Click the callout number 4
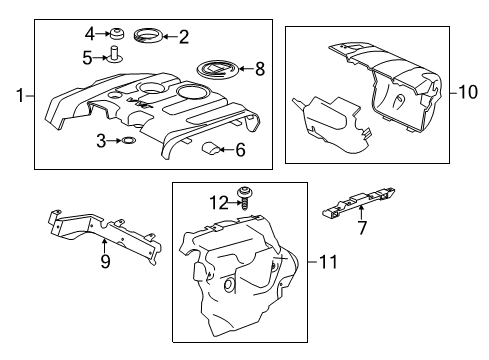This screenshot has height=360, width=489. pyautogui.click(x=90, y=34)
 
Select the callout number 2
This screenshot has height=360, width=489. pyautogui.click(x=184, y=37)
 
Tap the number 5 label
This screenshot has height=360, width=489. pyautogui.click(x=87, y=58)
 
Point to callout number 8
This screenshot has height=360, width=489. pyautogui.click(x=260, y=69)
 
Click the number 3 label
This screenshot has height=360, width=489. pyautogui.click(x=101, y=141)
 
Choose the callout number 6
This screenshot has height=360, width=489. pyautogui.click(x=240, y=150)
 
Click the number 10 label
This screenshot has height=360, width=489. pyautogui.click(x=468, y=92)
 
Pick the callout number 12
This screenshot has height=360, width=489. pyautogui.click(x=219, y=203)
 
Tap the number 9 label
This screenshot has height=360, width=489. pyautogui.click(x=105, y=261)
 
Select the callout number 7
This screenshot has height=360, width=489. pyautogui.click(x=362, y=228)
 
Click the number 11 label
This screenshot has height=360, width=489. pyautogui.click(x=328, y=262)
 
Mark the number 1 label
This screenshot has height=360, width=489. pyautogui.click(x=20, y=96)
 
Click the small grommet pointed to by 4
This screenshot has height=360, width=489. pyautogui.click(x=117, y=33)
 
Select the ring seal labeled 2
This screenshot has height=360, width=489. pyautogui.click(x=148, y=36)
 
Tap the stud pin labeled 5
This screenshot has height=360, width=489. pyautogui.click(x=115, y=54)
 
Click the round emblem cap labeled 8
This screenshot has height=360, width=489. pyautogui.click(x=217, y=69)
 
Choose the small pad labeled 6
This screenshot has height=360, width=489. pyautogui.click(x=211, y=148)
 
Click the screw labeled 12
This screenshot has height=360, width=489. pyautogui.click(x=244, y=198)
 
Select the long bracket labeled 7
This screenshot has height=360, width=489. pyautogui.click(x=359, y=202)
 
